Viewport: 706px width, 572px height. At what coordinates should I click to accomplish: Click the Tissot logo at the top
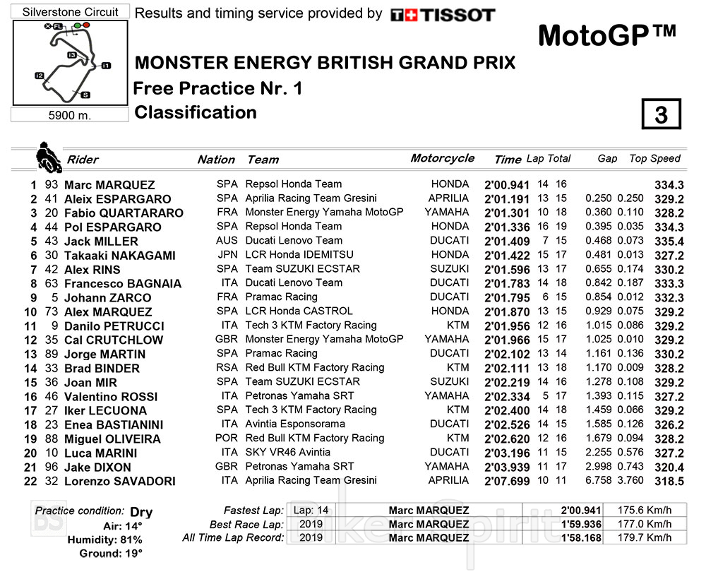443,15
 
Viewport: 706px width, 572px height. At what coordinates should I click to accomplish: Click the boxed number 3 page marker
661,114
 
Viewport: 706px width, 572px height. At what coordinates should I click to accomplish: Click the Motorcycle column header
443,158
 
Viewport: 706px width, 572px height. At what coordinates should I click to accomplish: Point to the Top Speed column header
654,159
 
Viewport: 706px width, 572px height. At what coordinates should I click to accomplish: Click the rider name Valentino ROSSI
111,396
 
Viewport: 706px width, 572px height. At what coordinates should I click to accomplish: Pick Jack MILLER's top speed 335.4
669,241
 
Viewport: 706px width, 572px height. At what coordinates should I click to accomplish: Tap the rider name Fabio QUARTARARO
124,213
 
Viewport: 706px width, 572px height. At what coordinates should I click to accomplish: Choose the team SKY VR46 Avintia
287,452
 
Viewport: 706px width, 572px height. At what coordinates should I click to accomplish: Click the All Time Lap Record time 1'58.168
582,538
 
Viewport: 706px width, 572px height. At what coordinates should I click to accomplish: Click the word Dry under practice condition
141,512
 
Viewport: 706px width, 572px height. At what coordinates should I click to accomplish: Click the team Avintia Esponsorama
295,424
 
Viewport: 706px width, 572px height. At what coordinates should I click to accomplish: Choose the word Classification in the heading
196,112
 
